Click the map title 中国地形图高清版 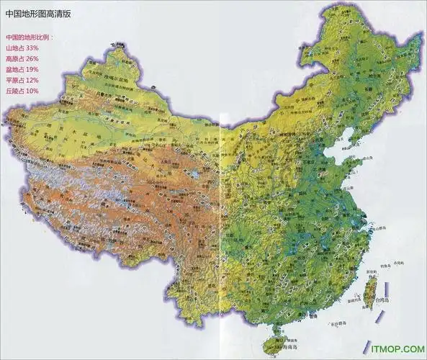(42, 12)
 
